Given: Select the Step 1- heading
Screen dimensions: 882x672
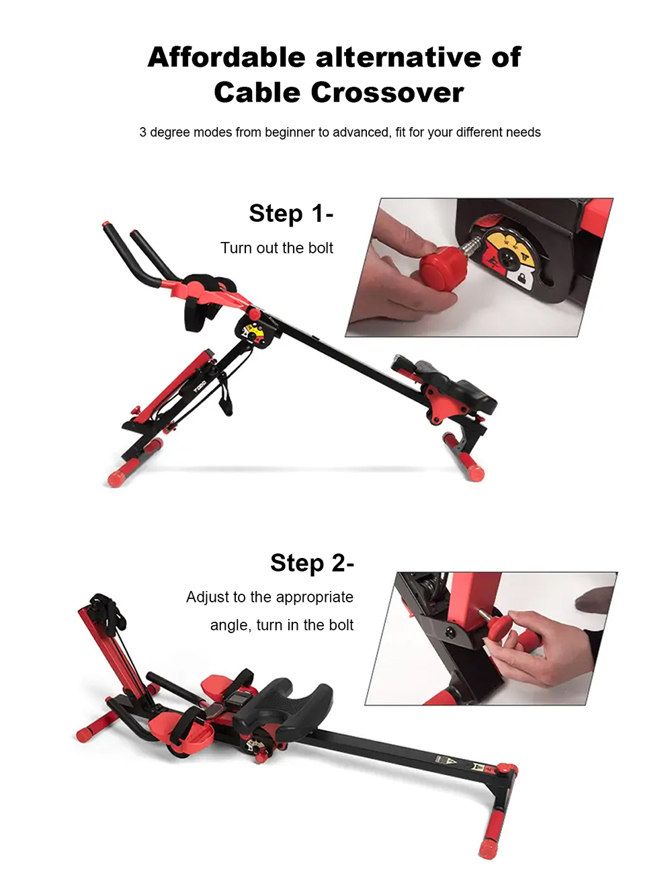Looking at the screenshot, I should (291, 214).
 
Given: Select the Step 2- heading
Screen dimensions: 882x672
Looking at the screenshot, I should (312, 563).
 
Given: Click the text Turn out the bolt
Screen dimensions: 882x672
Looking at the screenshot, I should (277, 248).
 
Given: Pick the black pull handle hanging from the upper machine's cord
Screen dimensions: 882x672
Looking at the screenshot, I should (223, 405).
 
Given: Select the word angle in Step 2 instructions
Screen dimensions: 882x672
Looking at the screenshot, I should (228, 625).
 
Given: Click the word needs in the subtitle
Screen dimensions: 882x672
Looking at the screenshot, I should (523, 132).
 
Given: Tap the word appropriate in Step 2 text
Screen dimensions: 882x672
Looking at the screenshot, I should (314, 598).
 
